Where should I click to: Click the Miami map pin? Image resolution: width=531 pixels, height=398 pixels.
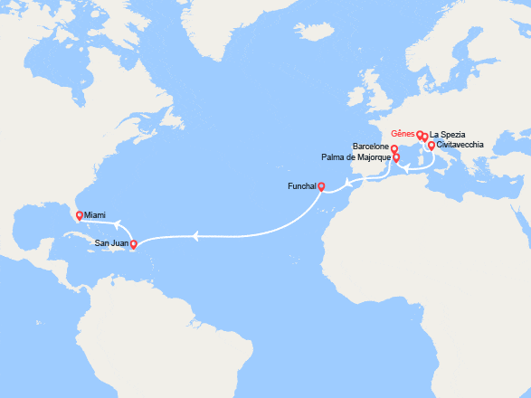[80, 215]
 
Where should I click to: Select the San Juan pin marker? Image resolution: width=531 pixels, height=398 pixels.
[133, 244]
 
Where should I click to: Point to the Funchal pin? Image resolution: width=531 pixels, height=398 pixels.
[321, 187]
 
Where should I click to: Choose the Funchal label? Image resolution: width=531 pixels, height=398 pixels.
[299, 186]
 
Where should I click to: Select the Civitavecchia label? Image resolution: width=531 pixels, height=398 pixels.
[460, 145]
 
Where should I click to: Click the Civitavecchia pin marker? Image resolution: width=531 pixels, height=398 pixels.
[431, 146]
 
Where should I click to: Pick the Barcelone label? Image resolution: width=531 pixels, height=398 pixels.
[371, 146]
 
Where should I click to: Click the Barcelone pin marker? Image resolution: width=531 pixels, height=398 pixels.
[394, 148]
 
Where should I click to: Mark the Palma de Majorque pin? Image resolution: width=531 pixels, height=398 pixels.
[396, 157]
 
